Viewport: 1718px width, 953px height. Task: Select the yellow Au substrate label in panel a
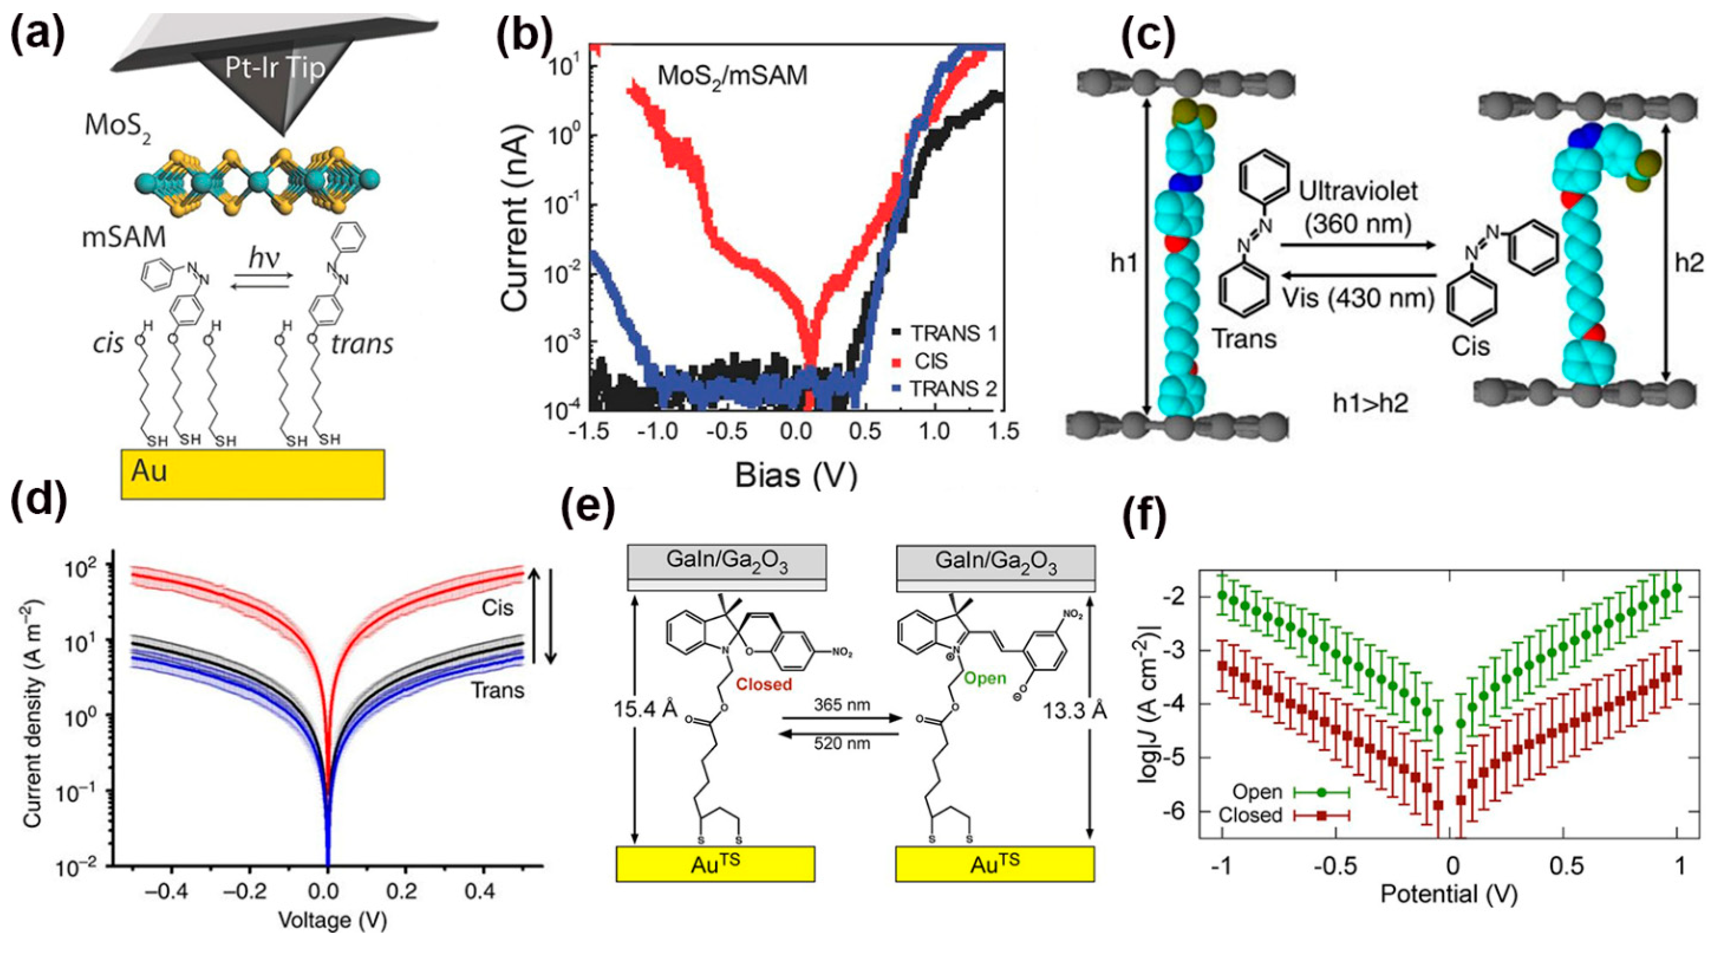[x=149, y=471]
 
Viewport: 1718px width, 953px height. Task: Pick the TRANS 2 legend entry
[x=952, y=388]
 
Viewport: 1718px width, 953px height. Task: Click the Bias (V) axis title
[x=796, y=476]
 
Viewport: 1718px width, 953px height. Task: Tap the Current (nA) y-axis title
[x=515, y=220]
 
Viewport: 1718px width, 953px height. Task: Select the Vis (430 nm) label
[x=1358, y=298]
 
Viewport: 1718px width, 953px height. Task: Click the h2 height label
[x=1689, y=263]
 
